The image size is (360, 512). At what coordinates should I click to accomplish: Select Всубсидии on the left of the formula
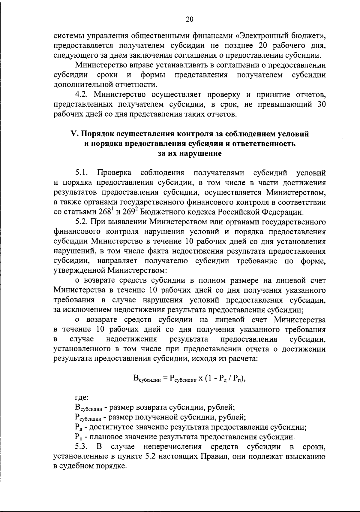click(x=147, y=379)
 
